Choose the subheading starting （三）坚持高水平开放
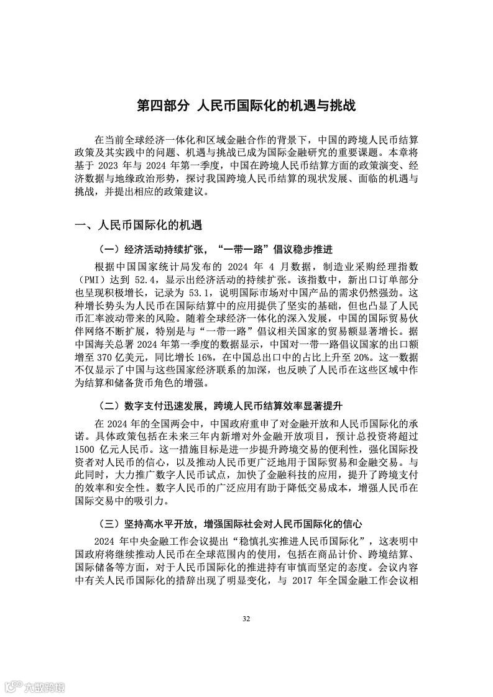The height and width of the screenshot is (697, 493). (x=230, y=524)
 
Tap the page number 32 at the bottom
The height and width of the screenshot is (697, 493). (x=246, y=619)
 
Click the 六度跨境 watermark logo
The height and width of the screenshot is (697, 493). (x=34, y=686)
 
